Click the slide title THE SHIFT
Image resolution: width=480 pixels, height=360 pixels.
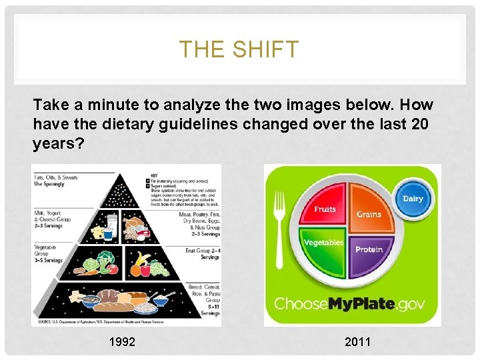tap(239, 49)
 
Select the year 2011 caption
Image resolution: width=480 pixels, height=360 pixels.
tap(358, 343)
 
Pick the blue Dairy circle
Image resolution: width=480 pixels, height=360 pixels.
tap(413, 199)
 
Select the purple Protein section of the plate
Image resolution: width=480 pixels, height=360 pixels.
tap(368, 249)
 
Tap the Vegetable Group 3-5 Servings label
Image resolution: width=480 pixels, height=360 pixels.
tap(49, 253)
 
